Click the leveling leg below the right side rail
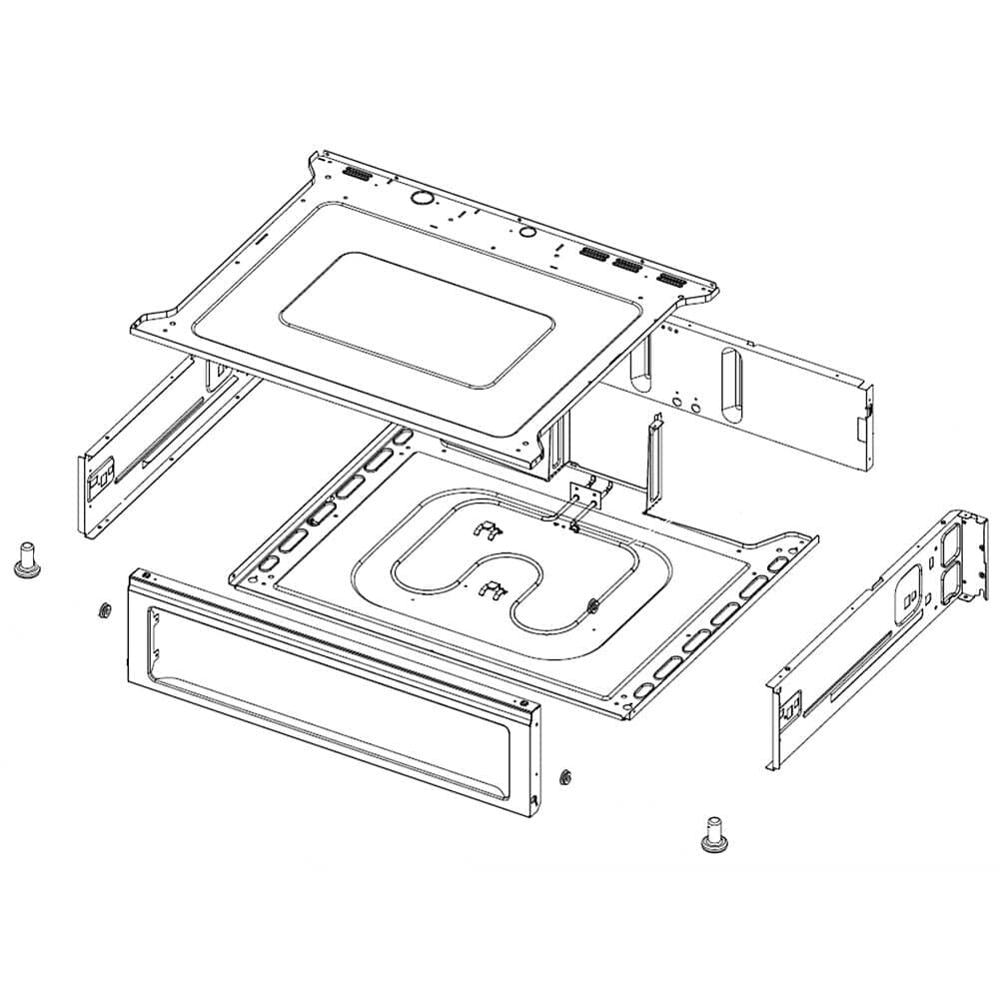(713, 834)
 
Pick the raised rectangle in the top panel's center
(417, 319)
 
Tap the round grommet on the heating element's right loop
(593, 603)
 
